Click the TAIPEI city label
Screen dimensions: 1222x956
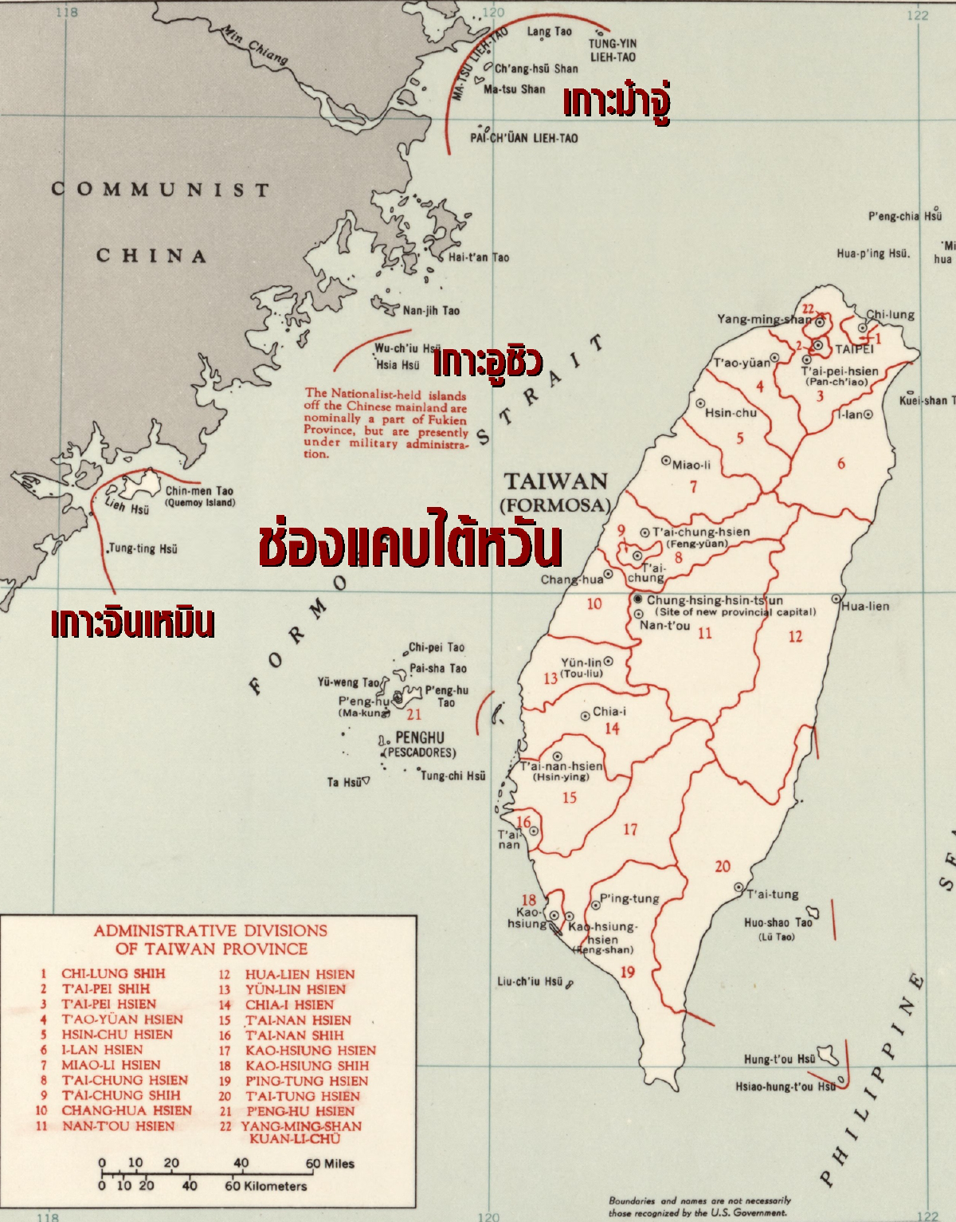pyautogui.click(x=854, y=349)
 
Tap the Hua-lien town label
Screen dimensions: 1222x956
pyautogui.click(x=866, y=606)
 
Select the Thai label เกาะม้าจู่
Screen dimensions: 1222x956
pyautogui.click(x=617, y=103)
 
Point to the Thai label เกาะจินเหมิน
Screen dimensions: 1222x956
pyautogui.click(x=132, y=623)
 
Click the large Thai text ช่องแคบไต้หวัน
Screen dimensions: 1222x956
pyautogui.click(x=410, y=543)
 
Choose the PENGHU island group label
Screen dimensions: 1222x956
pyautogui.click(x=420, y=737)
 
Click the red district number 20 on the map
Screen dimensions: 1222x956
pyautogui.click(x=723, y=866)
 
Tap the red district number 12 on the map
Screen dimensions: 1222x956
pyautogui.click(x=795, y=636)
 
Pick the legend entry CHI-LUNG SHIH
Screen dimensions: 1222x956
pyautogui.click(x=113, y=973)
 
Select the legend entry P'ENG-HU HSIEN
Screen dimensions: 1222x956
pyautogui.click(x=300, y=1111)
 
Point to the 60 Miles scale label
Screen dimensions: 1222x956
pyautogui.click(x=331, y=1164)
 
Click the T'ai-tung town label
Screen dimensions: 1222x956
pyautogui.click(x=773, y=894)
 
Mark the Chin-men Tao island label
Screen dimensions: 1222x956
pyautogui.click(x=199, y=491)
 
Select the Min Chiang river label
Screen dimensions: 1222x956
pyautogui.click(x=254, y=45)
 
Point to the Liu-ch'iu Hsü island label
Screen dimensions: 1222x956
pyautogui.click(x=530, y=981)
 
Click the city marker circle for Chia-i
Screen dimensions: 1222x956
pyautogui.click(x=586, y=715)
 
